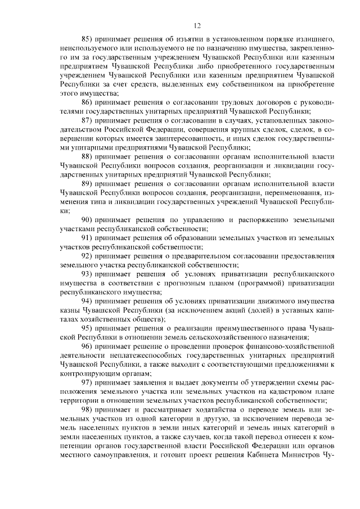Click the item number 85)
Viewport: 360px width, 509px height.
[x=87, y=39]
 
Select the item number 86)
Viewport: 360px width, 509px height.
[x=87, y=102]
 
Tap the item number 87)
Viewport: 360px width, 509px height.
[x=87, y=120]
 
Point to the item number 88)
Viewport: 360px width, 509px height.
[x=87, y=156]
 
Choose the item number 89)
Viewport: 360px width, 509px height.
[x=87, y=183]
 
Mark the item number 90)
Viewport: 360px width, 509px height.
[x=87, y=219]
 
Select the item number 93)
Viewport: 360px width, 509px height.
[x=87, y=273]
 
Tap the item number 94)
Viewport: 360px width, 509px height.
[x=87, y=300]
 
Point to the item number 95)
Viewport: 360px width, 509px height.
[x=87, y=327]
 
